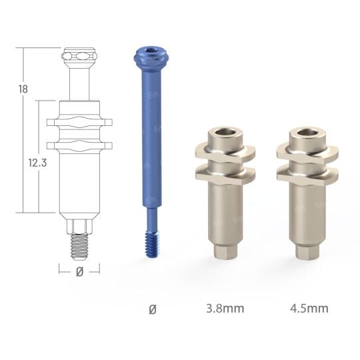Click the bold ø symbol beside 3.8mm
pyautogui.click(x=153, y=309)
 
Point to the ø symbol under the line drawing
pyautogui.click(x=79, y=271)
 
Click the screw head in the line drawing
pyautogui.click(x=79, y=56)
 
